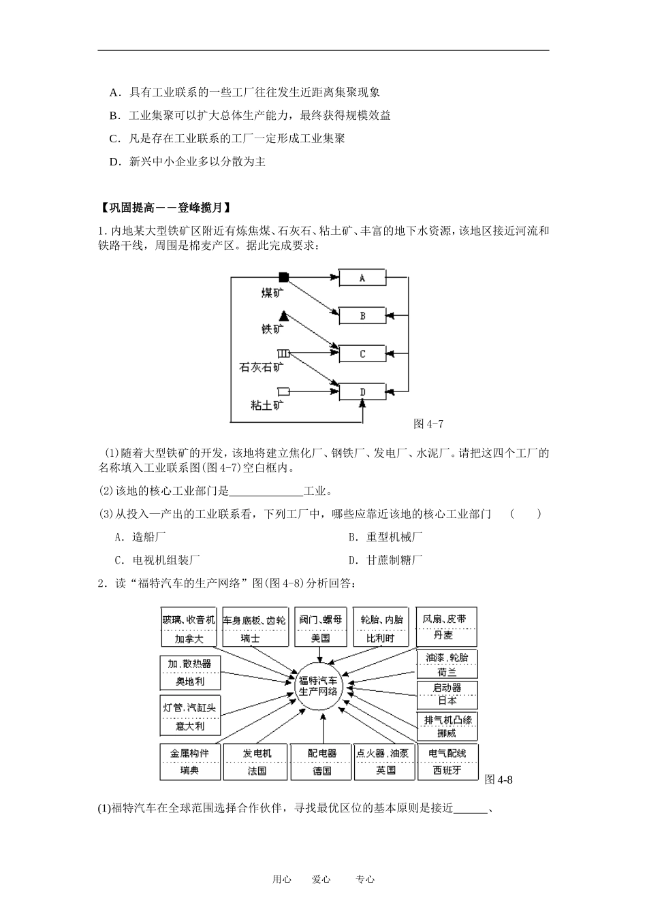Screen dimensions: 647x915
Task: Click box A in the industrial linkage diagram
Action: click(362, 278)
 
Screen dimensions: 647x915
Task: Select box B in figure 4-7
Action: click(362, 316)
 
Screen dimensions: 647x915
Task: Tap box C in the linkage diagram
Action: click(362, 354)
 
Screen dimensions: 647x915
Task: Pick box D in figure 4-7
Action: click(362, 392)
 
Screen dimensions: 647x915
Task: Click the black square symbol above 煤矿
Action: click(284, 277)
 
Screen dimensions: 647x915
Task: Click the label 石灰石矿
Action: click(262, 367)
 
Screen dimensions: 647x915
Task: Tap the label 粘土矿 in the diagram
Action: click(267, 405)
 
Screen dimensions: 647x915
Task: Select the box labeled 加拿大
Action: click(189, 627)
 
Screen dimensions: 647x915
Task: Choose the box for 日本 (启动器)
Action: click(447, 694)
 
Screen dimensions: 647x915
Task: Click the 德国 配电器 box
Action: click(322, 761)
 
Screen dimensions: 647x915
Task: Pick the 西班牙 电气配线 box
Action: click(447, 761)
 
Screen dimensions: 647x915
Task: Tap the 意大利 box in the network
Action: click(190, 716)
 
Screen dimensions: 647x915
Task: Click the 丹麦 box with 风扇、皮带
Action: click(445, 626)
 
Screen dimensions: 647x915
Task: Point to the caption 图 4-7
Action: click(428, 424)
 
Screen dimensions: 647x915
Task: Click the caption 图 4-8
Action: click(499, 780)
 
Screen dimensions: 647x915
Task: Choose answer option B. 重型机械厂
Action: click(385, 537)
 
